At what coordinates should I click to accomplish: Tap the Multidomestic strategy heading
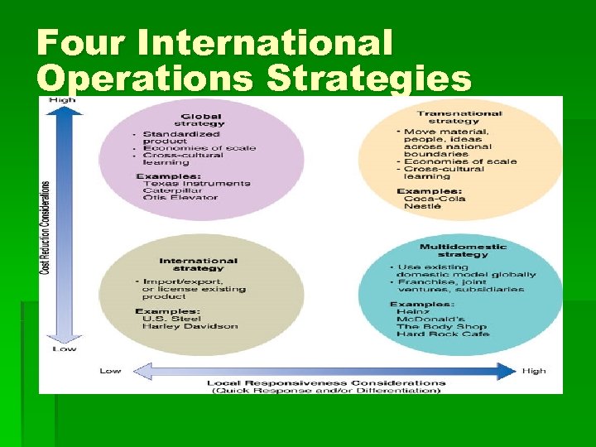click(464, 250)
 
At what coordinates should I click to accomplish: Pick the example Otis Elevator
click(179, 197)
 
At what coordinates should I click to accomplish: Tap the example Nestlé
click(422, 206)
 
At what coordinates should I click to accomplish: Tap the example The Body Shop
click(442, 326)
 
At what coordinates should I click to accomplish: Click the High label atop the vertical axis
click(62, 100)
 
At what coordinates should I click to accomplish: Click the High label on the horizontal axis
click(534, 370)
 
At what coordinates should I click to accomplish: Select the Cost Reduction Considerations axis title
click(46, 228)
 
